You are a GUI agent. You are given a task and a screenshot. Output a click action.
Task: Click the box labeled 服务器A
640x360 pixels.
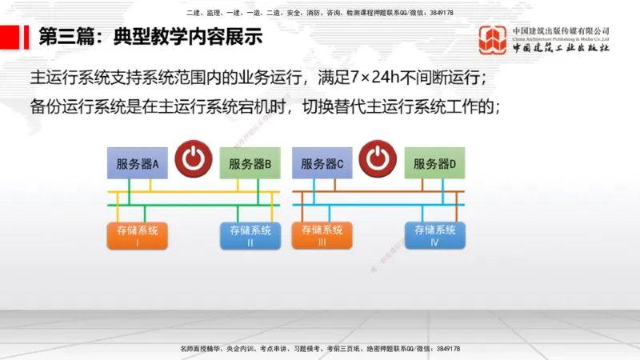[138, 165]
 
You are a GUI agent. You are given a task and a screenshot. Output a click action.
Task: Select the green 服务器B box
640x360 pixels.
[250, 165]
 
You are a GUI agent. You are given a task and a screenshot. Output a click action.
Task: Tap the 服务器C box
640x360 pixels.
[322, 164]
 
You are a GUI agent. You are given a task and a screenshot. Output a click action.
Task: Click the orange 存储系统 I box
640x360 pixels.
[138, 235]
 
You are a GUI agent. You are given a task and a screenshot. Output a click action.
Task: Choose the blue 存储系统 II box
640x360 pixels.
[250, 235]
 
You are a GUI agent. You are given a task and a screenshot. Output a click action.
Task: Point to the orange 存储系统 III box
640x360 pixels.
[322, 235]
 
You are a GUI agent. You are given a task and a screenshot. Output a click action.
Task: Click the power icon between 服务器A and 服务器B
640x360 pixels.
[194, 158]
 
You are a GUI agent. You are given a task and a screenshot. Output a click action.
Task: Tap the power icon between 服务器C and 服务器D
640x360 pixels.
[378, 158]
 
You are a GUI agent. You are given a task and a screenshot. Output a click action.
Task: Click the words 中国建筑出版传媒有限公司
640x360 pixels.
[561, 31]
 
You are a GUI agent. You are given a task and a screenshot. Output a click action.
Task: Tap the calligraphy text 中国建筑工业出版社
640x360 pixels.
[561, 48]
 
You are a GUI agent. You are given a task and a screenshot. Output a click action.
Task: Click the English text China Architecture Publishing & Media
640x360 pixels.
[561, 38]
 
